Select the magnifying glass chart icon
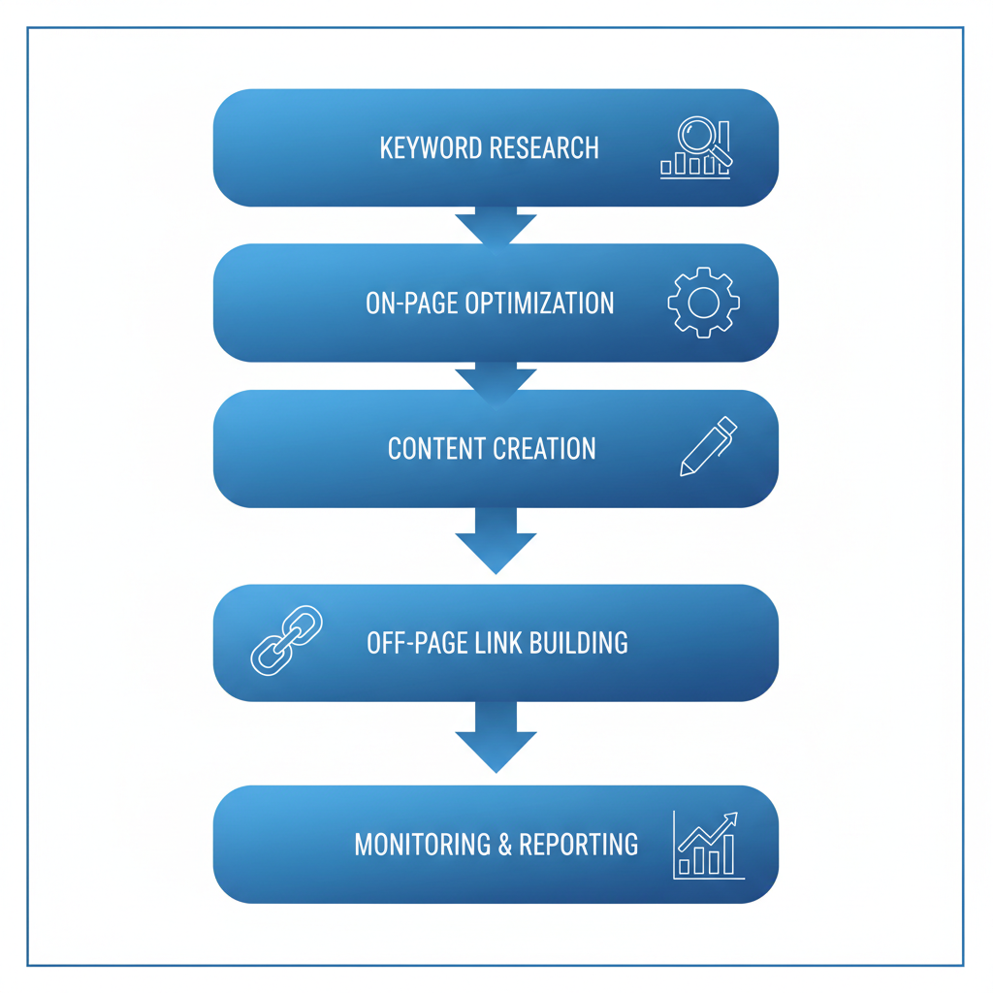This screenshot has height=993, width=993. point(696,148)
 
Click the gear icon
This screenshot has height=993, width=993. point(703,303)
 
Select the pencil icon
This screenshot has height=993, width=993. point(708,447)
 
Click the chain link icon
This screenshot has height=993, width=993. point(287,640)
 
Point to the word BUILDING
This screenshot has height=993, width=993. point(578,642)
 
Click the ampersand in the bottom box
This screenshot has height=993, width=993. point(505,844)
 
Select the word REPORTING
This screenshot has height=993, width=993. point(579,844)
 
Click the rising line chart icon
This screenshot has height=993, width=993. point(708,845)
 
